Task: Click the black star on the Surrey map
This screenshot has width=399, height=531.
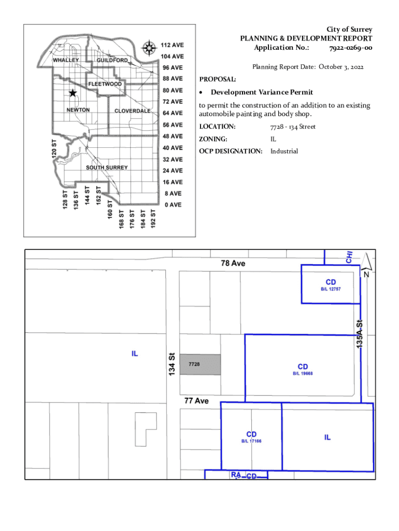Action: (73, 93)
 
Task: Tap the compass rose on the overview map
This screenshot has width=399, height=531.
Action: (149, 48)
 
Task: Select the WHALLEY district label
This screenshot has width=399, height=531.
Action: (66, 60)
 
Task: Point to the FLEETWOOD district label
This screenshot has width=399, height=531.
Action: (105, 84)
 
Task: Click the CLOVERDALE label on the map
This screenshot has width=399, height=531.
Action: (132, 111)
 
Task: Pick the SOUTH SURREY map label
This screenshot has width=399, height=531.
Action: (107, 168)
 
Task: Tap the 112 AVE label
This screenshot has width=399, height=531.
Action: (172, 45)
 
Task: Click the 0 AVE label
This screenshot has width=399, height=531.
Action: (173, 205)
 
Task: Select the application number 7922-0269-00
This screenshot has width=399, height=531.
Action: (350, 48)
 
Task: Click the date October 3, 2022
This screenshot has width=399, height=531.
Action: (341, 67)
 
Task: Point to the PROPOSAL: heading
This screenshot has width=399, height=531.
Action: (218, 80)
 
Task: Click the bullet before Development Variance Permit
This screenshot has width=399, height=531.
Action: (202, 92)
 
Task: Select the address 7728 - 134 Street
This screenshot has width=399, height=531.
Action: (293, 127)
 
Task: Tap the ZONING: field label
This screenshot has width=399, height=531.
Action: (213, 139)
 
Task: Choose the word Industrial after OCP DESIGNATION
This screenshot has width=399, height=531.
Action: (284, 151)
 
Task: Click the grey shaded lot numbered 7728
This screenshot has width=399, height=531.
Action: (200, 365)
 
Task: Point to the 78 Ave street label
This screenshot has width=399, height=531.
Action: (233, 263)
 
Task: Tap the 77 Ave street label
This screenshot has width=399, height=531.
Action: (196, 401)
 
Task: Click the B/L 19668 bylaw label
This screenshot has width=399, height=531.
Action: (303, 373)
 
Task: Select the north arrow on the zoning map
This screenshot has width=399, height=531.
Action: (366, 262)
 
